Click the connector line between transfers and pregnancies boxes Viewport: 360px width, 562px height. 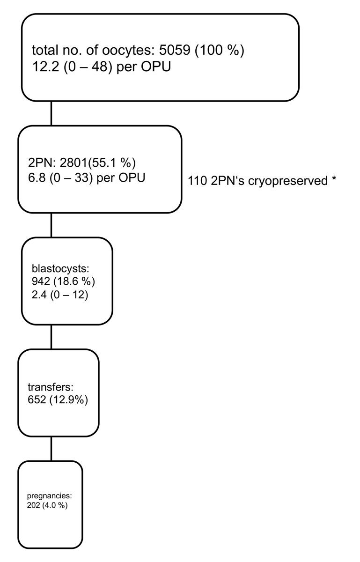[51, 448]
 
